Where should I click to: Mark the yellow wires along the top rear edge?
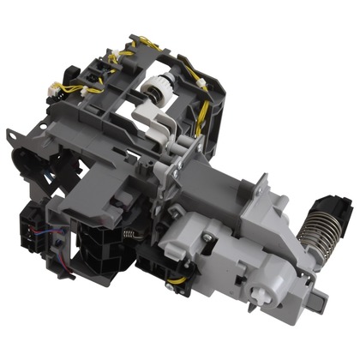150,43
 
